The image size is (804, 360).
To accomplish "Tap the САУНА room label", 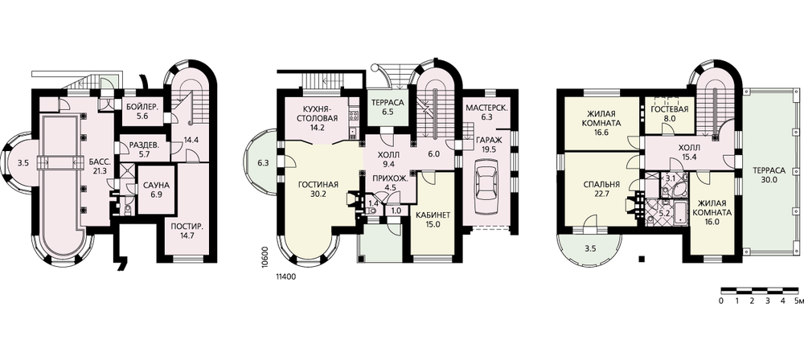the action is tap(156, 185).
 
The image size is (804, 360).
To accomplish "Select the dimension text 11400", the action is tap(287, 277).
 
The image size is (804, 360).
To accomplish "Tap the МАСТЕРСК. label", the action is tap(486, 108).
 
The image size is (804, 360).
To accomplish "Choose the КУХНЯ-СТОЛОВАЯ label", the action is tap(320, 113).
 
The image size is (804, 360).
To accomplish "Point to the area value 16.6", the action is tap(598, 133).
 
